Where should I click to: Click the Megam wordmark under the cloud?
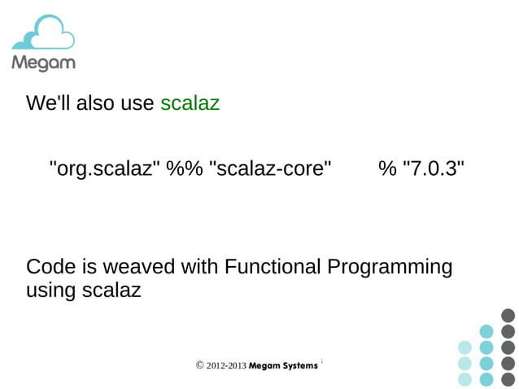[43, 63]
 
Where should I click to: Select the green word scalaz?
[190, 103]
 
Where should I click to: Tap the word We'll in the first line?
[48, 103]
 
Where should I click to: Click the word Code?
[48, 267]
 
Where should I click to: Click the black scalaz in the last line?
[111, 290]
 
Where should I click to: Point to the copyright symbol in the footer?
[200, 366]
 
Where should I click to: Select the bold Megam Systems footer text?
[283, 366]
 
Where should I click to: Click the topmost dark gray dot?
[508, 315]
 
